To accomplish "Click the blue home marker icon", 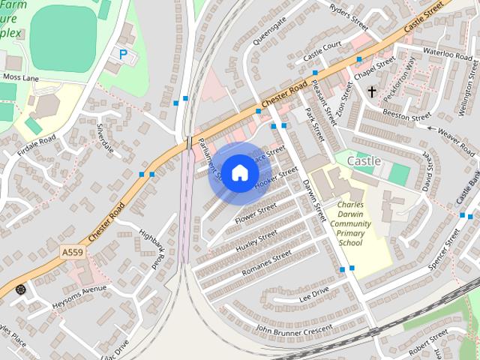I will pyautogui.click(x=239, y=173).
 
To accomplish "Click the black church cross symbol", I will pyautogui.click(x=371, y=91).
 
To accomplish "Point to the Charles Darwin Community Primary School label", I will pyautogui.click(x=350, y=223).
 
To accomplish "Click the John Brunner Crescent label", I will pyautogui.click(x=293, y=328).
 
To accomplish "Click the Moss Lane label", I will pyautogui.click(x=20, y=77).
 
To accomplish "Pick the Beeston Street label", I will pyautogui.click(x=406, y=114).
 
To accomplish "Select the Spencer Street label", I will pyautogui.click(x=442, y=253).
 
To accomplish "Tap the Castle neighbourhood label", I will pyautogui.click(x=364, y=161).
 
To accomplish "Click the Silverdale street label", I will pyautogui.click(x=105, y=139).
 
